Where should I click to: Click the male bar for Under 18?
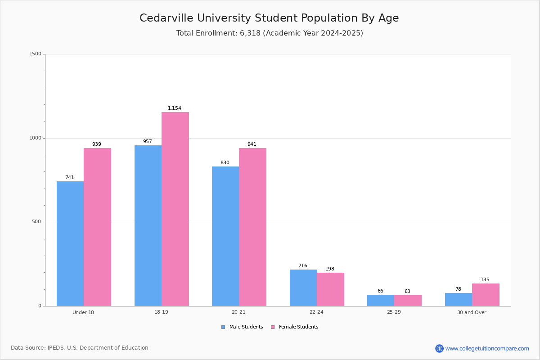click(x=70, y=244)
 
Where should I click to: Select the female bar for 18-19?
click(x=175, y=209)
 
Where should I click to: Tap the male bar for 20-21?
click(x=225, y=236)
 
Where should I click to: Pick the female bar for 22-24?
click(x=330, y=289)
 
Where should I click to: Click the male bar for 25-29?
click(x=381, y=301)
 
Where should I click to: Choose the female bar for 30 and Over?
click(x=486, y=295)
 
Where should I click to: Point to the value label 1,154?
click(x=175, y=108)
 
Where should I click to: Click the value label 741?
click(x=70, y=177)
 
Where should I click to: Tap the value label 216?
click(x=303, y=265)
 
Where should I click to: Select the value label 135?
click(x=485, y=280)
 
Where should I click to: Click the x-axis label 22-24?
click(x=316, y=312)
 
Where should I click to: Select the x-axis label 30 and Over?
click(x=472, y=312)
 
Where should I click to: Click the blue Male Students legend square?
click(x=223, y=327)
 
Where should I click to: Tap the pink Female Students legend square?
click(x=273, y=327)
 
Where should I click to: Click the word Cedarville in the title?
click(x=166, y=18)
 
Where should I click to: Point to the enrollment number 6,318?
click(x=250, y=33)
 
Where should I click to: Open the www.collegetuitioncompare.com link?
click(x=487, y=348)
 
